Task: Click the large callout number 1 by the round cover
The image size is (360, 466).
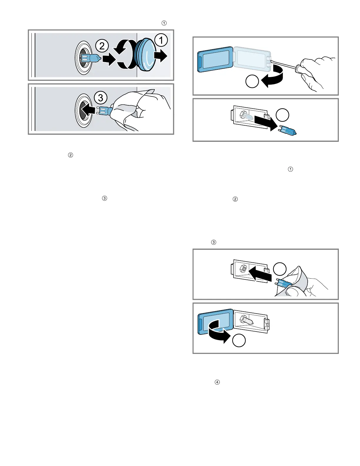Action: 161,40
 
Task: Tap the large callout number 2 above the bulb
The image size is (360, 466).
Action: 102,46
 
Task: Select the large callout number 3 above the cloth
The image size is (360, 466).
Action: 101,98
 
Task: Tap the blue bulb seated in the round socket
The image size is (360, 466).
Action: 91,58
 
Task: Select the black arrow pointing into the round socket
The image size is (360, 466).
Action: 88,110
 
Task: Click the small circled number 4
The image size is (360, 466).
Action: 217,382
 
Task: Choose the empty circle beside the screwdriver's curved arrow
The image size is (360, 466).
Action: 252,81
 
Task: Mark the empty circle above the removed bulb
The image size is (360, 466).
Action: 282,115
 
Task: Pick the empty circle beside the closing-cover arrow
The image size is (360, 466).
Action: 239,340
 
